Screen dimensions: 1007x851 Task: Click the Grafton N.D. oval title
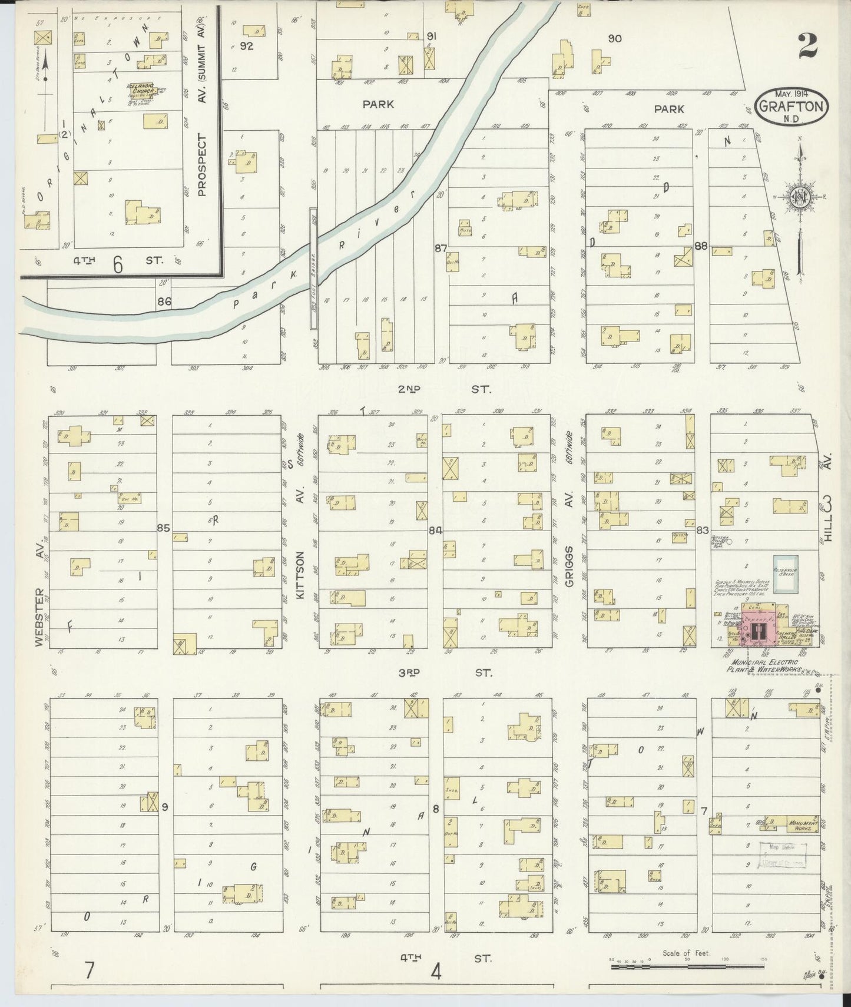click(x=792, y=106)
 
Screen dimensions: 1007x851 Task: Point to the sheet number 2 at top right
click(x=808, y=46)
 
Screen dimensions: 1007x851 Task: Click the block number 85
click(x=163, y=528)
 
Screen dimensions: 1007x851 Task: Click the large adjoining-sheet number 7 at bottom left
click(x=89, y=969)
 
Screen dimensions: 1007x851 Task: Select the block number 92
click(x=246, y=46)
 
